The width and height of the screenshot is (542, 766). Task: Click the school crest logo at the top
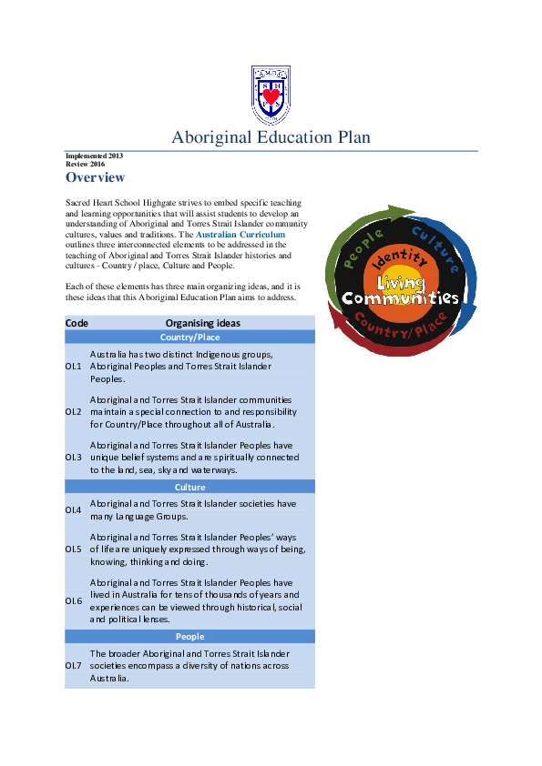(x=271, y=96)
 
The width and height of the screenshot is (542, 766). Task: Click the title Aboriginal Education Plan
(x=271, y=138)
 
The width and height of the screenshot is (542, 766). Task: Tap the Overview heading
(x=95, y=177)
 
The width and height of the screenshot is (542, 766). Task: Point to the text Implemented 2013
(x=94, y=156)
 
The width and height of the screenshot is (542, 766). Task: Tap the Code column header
(x=77, y=323)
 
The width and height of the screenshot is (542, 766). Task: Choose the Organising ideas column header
(x=203, y=323)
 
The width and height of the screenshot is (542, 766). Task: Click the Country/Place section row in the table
(x=189, y=338)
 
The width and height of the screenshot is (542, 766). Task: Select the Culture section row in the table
(x=189, y=488)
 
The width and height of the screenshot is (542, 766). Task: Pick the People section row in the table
(x=189, y=637)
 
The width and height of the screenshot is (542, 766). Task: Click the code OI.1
(x=74, y=367)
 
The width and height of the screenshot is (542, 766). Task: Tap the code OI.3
(x=74, y=458)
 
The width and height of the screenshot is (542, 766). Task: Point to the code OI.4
(x=74, y=509)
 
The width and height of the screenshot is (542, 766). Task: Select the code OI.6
(x=74, y=600)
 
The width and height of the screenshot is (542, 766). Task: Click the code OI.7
(x=74, y=666)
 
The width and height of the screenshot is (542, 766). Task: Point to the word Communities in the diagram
(x=399, y=298)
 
